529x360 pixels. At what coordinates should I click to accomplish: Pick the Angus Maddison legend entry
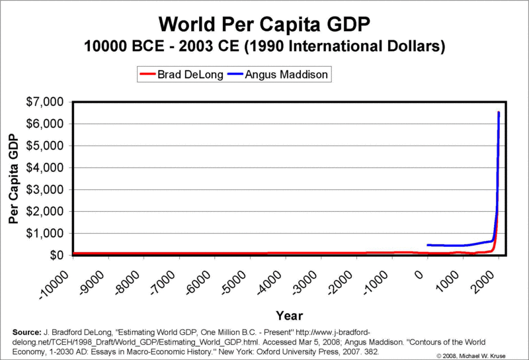click(287, 74)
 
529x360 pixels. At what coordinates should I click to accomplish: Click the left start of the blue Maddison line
click(428, 245)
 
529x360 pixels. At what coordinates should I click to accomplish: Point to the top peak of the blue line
click(498, 113)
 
